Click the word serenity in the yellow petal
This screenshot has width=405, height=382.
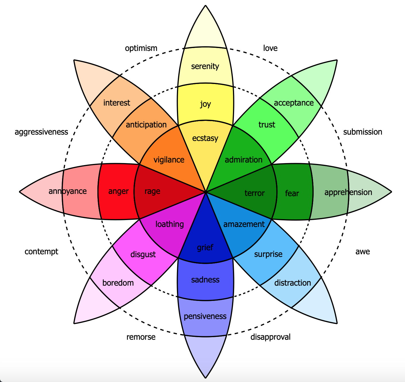pyautogui.click(x=205, y=67)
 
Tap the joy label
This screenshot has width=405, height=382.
pyautogui.click(x=205, y=104)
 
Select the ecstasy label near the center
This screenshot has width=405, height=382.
pyautogui.click(x=205, y=138)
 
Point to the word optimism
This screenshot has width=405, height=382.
pyautogui.click(x=141, y=48)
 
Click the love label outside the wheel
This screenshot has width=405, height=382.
pyautogui.click(x=270, y=48)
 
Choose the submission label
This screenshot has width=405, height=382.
pyautogui.click(x=362, y=132)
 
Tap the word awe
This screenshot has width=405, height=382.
pyautogui.click(x=362, y=252)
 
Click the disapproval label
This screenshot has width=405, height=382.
pyautogui.click(x=270, y=337)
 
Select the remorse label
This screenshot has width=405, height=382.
pyautogui.click(x=141, y=337)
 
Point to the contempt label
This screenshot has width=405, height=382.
pyautogui.click(x=41, y=252)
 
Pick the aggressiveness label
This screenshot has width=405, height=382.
pyautogui.click(x=41, y=132)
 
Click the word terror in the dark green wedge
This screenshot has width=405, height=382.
pyautogui.click(x=254, y=193)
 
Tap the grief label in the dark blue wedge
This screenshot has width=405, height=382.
pyautogui.click(x=205, y=247)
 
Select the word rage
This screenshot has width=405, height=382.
pyautogui.click(x=152, y=191)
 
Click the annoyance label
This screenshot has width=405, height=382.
pyautogui.click(x=68, y=191)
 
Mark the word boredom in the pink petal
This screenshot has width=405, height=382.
pyautogui.click(x=118, y=283)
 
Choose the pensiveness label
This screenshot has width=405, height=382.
pyautogui.click(x=205, y=317)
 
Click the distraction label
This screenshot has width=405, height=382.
pyautogui.click(x=292, y=283)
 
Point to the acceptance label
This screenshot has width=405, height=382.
pyautogui.click(x=294, y=103)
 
